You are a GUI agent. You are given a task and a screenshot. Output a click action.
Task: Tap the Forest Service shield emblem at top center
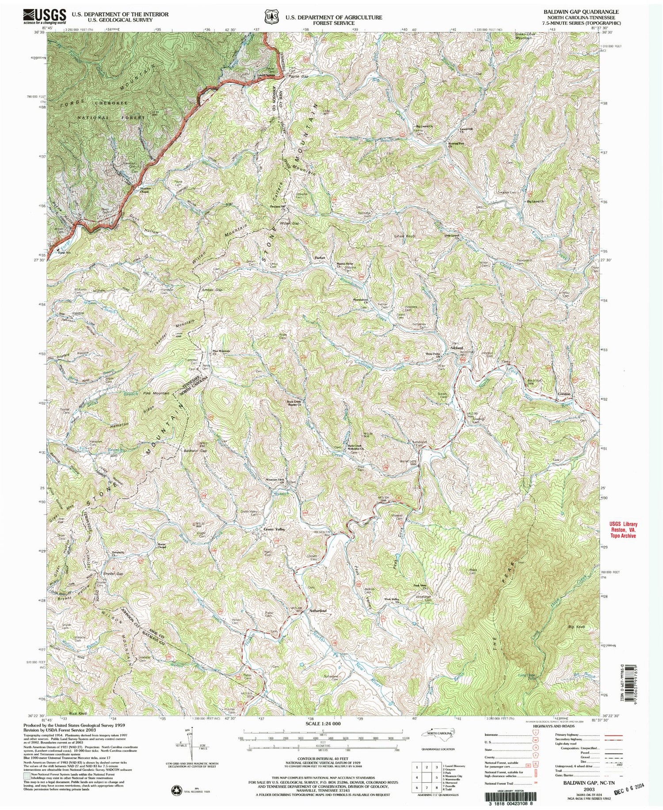[268, 17]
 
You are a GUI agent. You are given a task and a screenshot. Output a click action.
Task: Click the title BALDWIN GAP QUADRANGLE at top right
[578, 12]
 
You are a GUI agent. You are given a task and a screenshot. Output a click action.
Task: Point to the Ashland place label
[456, 348]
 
